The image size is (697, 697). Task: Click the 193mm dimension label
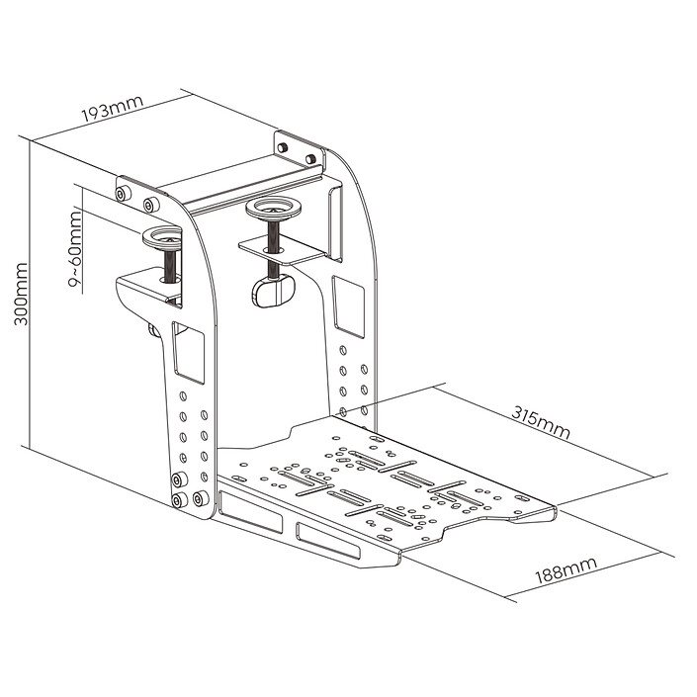click(x=112, y=109)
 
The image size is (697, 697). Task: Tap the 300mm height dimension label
click(x=21, y=295)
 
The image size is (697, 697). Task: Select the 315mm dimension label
click(x=540, y=422)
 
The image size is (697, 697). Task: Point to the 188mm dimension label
click(x=566, y=570)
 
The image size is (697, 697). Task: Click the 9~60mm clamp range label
click(x=75, y=249)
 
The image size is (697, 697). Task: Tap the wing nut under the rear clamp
click(x=273, y=291)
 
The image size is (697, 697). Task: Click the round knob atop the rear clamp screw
click(x=274, y=209)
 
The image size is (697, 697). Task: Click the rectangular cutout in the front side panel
click(x=189, y=352)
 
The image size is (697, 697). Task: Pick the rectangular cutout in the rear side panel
click(x=348, y=306)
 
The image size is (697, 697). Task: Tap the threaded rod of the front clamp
click(x=170, y=266)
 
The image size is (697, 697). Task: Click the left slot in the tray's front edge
click(x=250, y=511)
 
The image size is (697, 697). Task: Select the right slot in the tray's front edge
click(x=328, y=540)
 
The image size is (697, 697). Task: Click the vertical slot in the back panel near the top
click(x=335, y=223)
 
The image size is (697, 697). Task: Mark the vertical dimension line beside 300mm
click(x=30, y=294)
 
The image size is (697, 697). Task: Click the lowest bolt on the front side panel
click(x=180, y=499)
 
